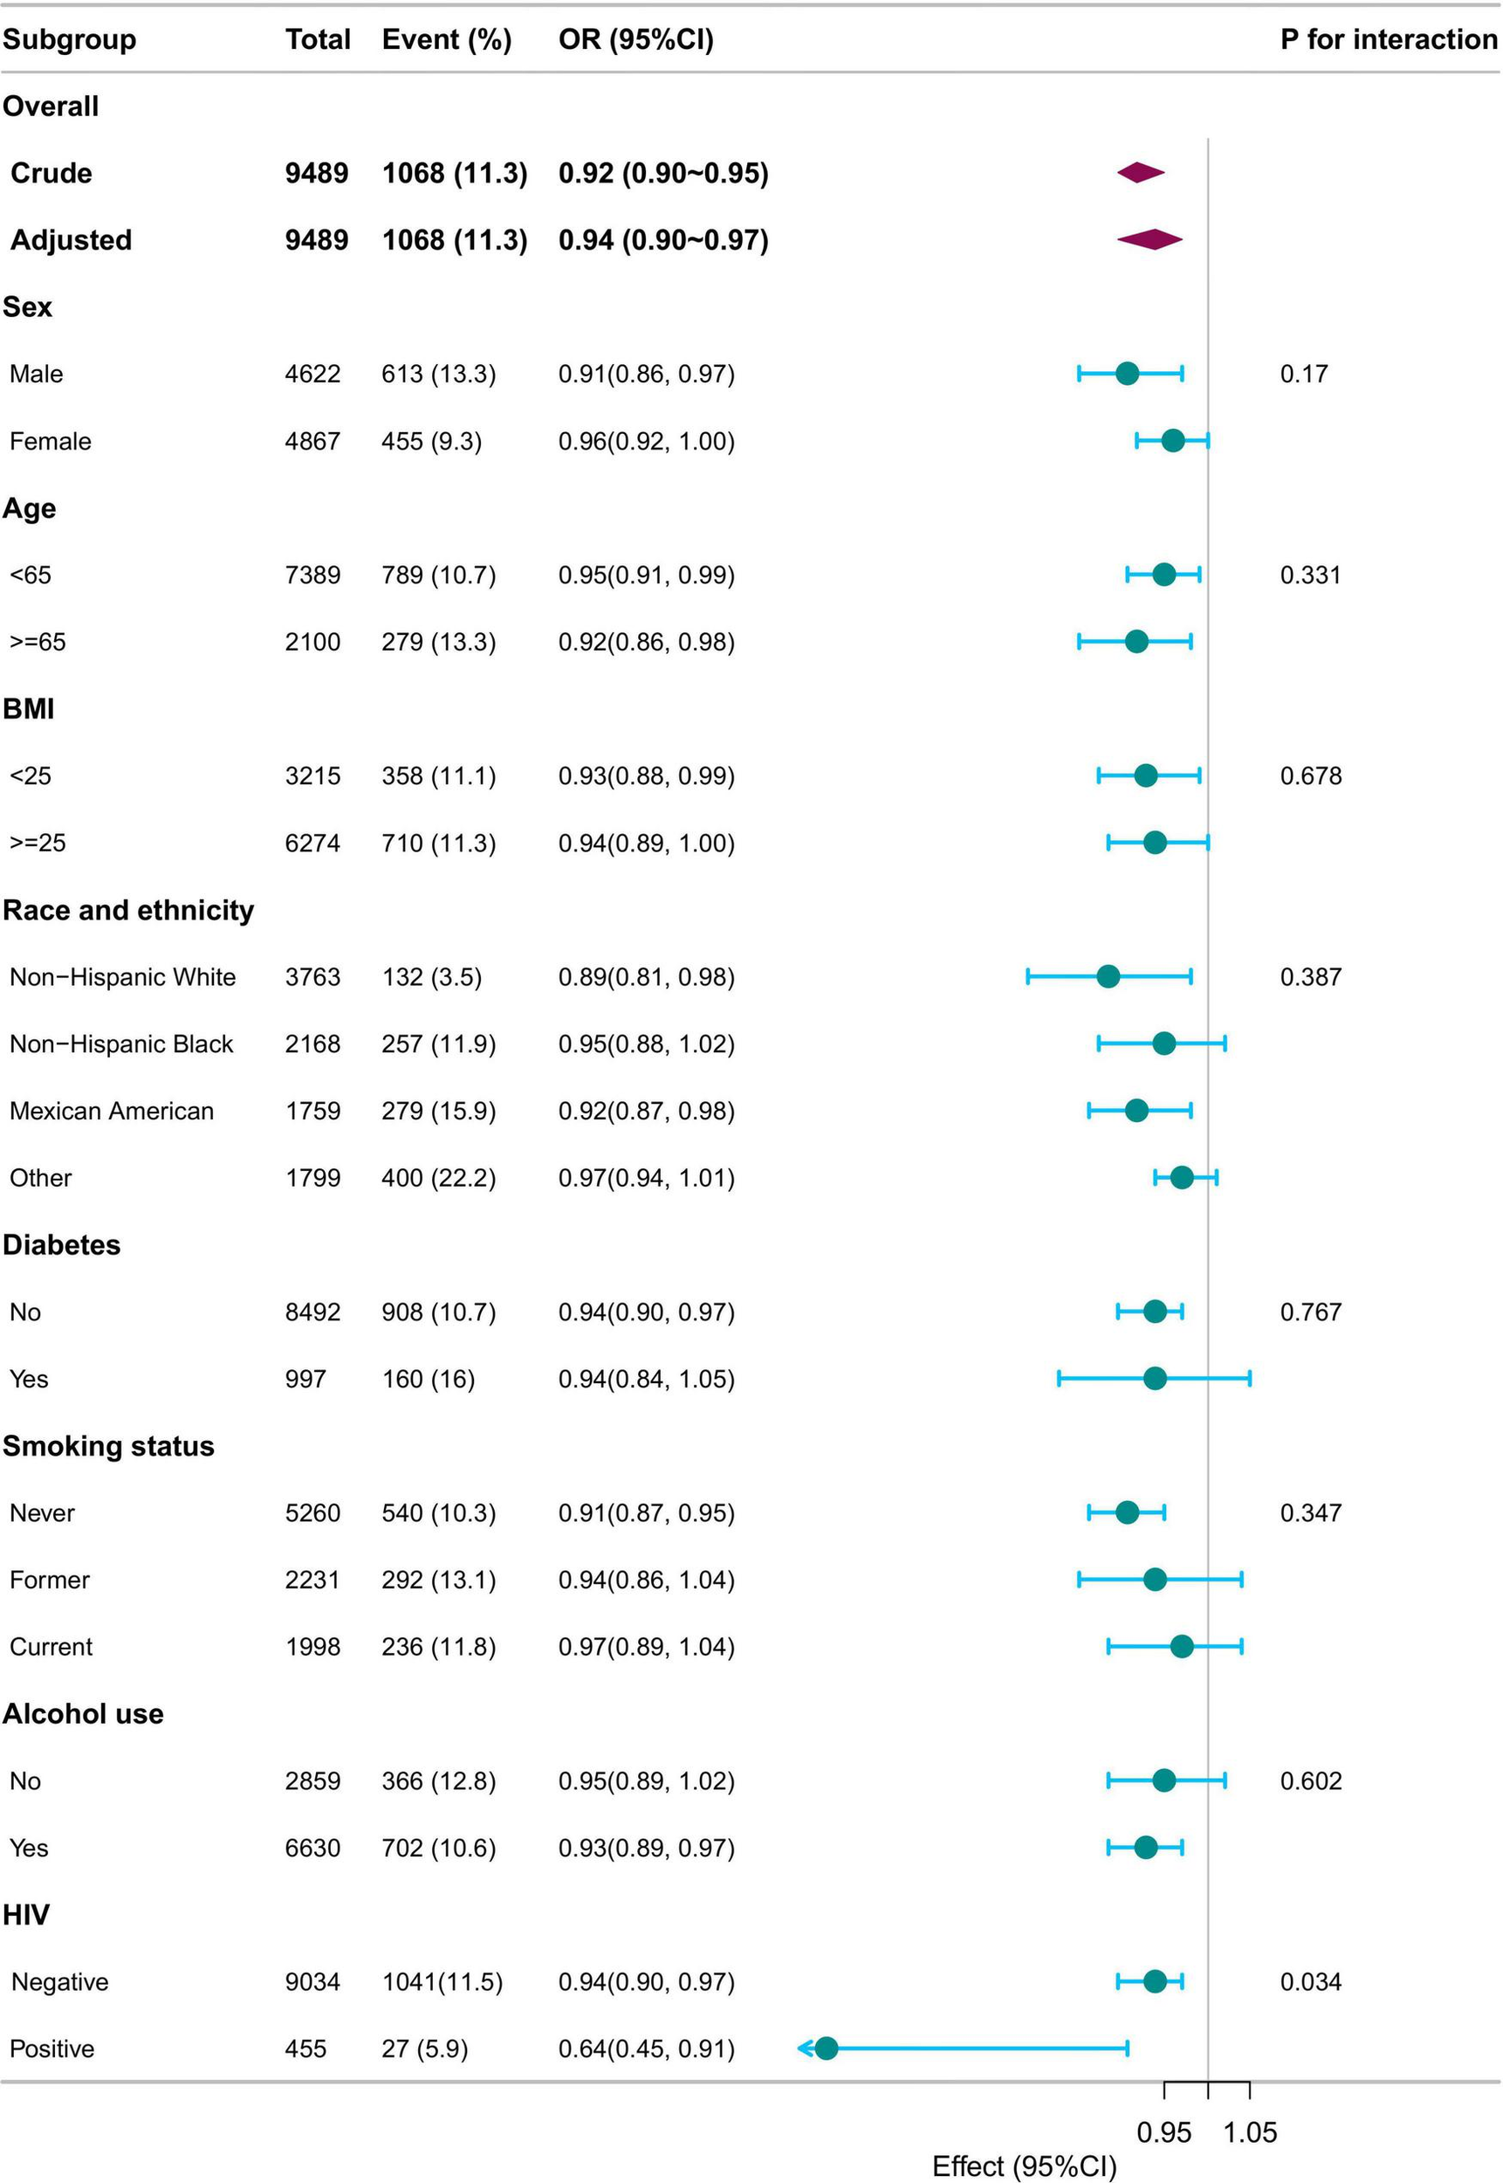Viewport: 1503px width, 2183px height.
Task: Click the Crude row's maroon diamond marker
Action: (1141, 172)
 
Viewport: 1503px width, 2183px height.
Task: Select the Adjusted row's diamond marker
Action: (1149, 239)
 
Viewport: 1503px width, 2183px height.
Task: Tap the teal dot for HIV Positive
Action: (826, 2048)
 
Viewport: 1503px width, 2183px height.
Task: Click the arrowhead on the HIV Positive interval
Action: (803, 2048)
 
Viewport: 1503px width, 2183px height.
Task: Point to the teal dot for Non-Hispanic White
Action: (1108, 976)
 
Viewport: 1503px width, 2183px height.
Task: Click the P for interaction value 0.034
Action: (1310, 1980)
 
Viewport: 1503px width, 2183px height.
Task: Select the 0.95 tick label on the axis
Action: (1164, 2131)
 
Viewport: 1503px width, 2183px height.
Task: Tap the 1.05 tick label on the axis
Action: (1250, 2131)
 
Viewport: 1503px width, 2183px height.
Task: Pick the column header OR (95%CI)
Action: (635, 39)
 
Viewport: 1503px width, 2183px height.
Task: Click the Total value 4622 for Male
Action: (312, 374)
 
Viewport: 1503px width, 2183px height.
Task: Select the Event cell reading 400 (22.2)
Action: (438, 1178)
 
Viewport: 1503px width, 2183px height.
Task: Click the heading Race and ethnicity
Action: (128, 910)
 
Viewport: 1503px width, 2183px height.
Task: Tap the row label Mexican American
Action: (111, 1111)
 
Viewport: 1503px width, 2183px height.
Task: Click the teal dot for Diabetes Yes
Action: (1155, 1379)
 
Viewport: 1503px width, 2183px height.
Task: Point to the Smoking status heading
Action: (108, 1445)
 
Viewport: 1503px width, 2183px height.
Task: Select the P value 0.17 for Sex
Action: (1303, 374)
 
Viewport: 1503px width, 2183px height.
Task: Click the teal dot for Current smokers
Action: (1181, 1646)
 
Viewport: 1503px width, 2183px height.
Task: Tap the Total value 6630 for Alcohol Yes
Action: (312, 1847)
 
